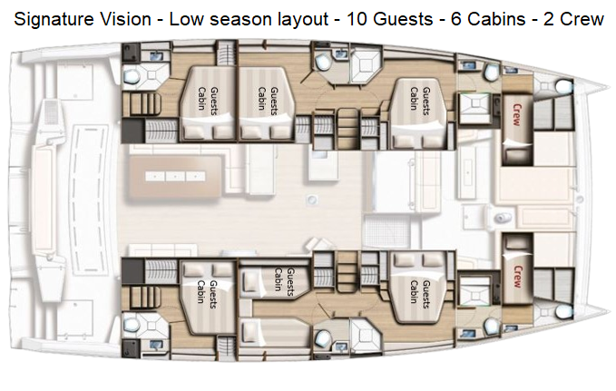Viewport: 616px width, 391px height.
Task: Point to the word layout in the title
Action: tap(303, 20)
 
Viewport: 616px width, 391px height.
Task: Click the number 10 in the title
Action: tap(357, 19)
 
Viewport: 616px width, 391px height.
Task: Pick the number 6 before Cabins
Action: tap(455, 19)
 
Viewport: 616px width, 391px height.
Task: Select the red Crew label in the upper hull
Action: tap(517, 114)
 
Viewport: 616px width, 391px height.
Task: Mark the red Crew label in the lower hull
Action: tap(518, 277)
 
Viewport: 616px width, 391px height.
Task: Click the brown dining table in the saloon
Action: tap(175, 176)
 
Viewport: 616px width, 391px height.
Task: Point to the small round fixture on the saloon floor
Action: tap(312, 200)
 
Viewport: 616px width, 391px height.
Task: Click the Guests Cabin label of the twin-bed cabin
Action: tap(285, 279)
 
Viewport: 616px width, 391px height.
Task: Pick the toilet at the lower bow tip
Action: tap(564, 312)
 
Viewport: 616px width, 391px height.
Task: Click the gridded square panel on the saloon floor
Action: tap(379, 232)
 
